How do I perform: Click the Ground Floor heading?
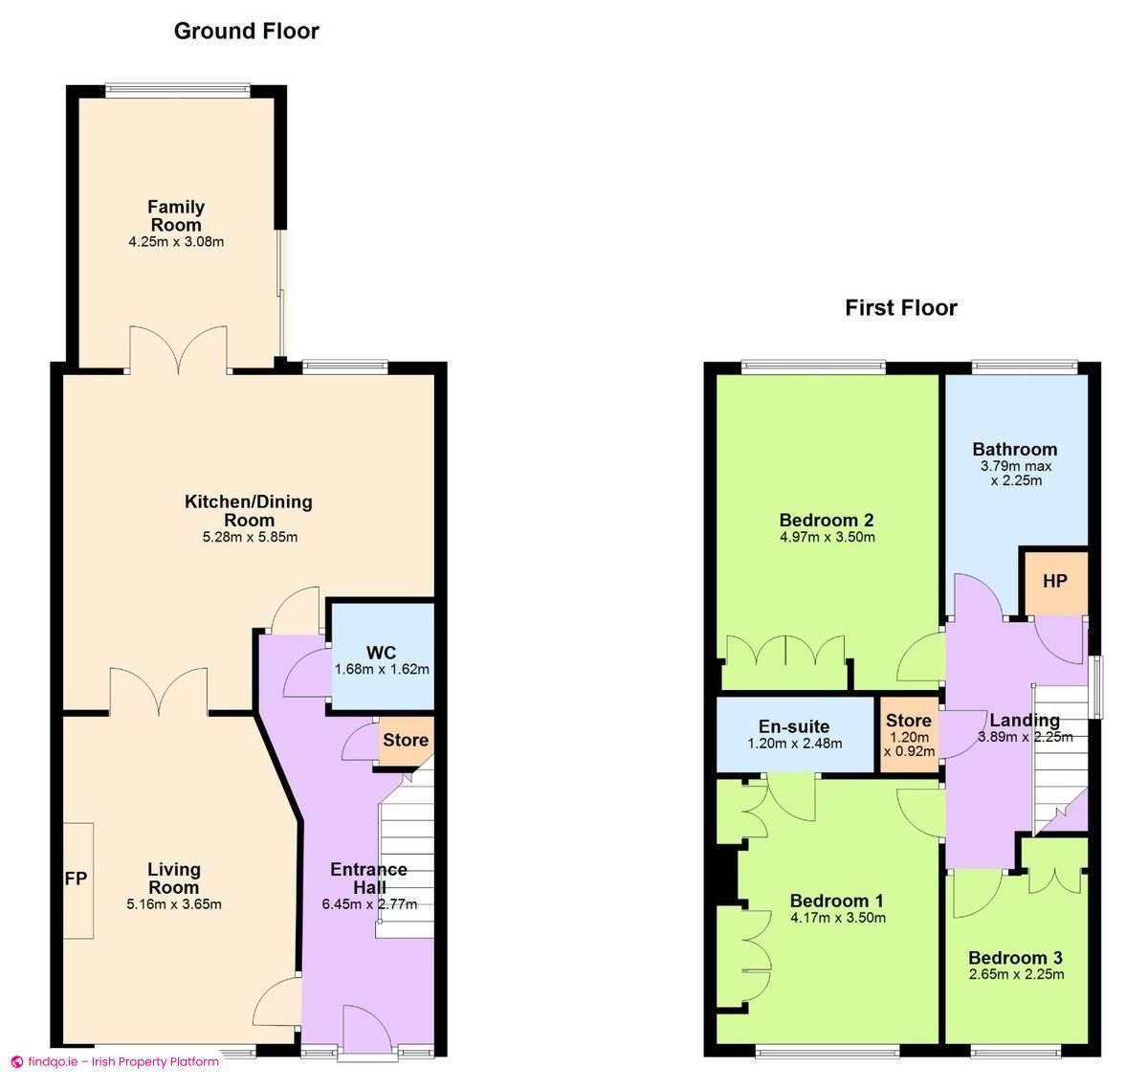[246, 31]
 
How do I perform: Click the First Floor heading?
[900, 307]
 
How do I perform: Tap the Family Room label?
[176, 215]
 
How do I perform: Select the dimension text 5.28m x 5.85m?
[250, 537]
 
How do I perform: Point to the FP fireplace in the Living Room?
[77, 879]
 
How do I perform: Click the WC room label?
[381, 653]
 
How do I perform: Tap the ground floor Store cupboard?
[406, 740]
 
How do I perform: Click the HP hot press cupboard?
[1054, 581]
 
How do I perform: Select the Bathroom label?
[1015, 449]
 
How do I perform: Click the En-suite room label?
[794, 726]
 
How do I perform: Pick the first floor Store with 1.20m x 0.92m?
[909, 735]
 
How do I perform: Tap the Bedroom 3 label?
[1015, 958]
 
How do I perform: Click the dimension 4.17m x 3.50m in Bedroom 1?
[838, 918]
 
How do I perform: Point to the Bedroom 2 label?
[827, 521]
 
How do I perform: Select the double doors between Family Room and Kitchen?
[179, 350]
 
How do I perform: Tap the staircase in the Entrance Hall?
[406, 852]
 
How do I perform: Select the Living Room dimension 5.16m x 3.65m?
[174, 903]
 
